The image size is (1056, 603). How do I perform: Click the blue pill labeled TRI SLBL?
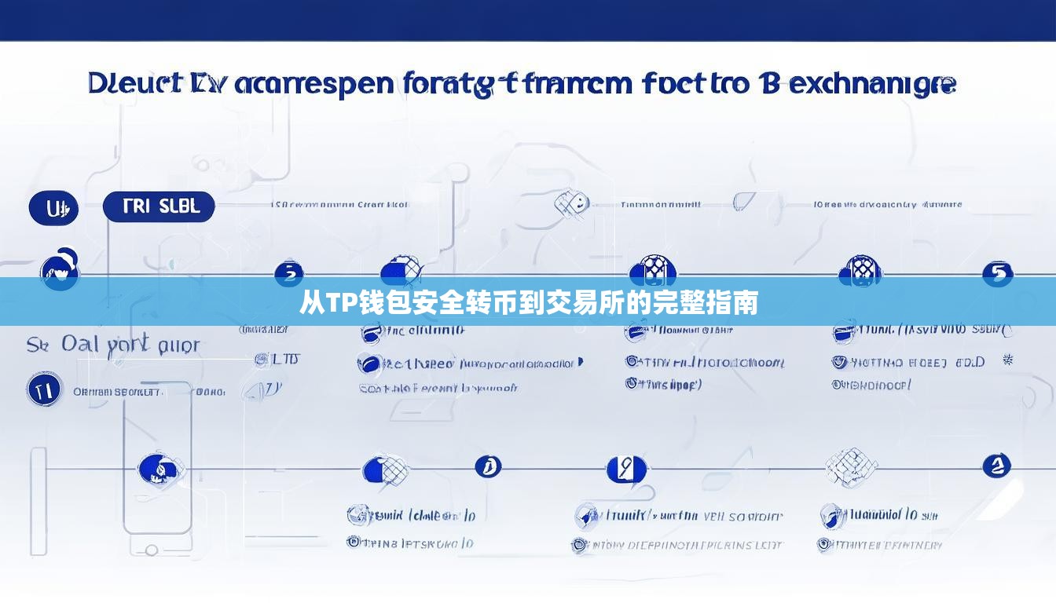(x=159, y=206)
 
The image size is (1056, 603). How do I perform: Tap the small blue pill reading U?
(x=53, y=209)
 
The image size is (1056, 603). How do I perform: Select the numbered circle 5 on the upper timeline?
(x=998, y=273)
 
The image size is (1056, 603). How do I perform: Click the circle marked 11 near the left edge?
(x=44, y=389)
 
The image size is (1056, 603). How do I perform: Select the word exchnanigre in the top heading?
(x=871, y=84)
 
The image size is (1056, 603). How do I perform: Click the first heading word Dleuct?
(x=132, y=84)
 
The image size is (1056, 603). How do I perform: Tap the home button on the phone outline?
(x=152, y=550)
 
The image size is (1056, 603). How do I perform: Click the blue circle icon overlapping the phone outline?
(x=160, y=470)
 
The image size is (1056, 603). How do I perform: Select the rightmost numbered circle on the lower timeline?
(x=996, y=466)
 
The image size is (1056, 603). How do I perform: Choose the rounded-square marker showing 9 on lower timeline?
(x=625, y=469)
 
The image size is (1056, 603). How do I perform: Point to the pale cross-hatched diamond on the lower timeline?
(x=851, y=466)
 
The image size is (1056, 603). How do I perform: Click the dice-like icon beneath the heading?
(x=571, y=204)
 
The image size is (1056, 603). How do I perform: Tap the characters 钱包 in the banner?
(x=379, y=302)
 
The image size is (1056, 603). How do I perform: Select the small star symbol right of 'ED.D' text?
(x=1008, y=360)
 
